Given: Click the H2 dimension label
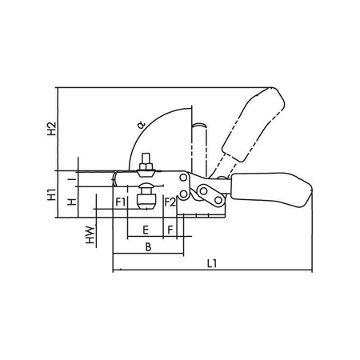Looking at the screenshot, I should pos(50,128).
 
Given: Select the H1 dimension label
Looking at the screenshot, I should pos(50,194).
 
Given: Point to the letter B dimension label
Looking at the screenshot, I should pos(147,249).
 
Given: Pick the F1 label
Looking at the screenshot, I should pos(121,202).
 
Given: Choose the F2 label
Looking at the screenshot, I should pos(170,202).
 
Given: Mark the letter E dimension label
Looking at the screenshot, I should pos(145,230).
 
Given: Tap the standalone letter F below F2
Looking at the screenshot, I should pos(170,230).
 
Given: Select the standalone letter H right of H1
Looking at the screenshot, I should pos(72,202).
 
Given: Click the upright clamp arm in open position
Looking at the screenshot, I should pos(202,148).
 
